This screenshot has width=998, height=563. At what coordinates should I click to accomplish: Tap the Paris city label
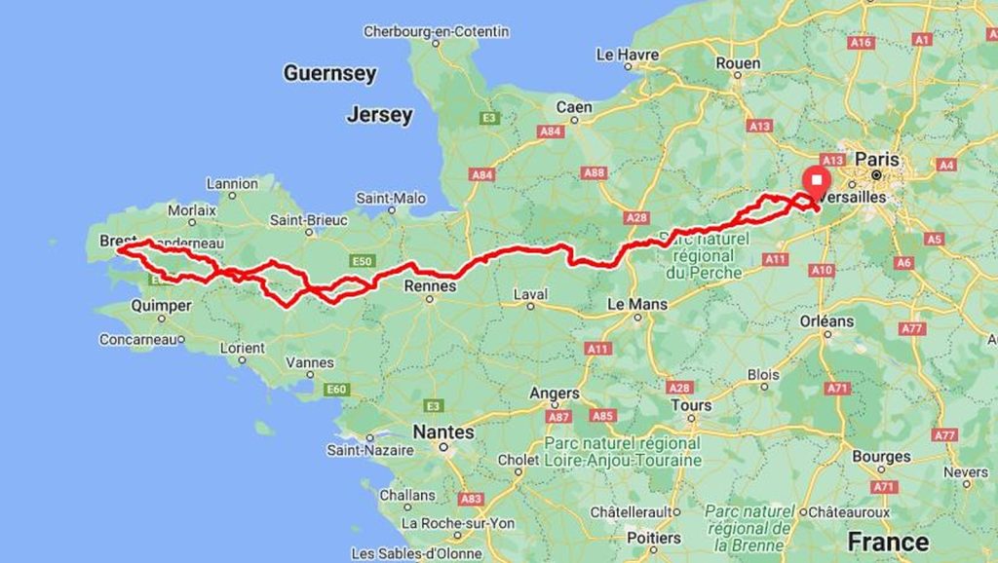[877, 159]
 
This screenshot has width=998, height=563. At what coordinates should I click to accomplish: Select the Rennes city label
[429, 286]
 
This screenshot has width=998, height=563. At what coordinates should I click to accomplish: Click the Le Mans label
[637, 304]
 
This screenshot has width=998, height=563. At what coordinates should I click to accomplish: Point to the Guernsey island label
[329, 73]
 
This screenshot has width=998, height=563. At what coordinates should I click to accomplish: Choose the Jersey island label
[379, 115]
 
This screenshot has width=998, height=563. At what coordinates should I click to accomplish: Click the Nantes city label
[443, 432]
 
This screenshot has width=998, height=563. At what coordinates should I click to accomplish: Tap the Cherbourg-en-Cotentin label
[436, 32]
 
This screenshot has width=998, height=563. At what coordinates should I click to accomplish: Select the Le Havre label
[628, 54]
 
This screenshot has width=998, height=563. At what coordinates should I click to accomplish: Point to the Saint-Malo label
[391, 198]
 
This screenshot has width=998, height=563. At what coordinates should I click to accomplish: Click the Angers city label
[555, 394]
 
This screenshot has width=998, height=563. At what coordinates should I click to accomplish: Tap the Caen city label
[574, 106]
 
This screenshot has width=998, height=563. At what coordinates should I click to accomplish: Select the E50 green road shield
[364, 261]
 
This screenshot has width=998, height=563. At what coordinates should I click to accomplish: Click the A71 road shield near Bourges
[883, 486]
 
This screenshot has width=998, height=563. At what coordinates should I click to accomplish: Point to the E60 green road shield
[336, 390]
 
